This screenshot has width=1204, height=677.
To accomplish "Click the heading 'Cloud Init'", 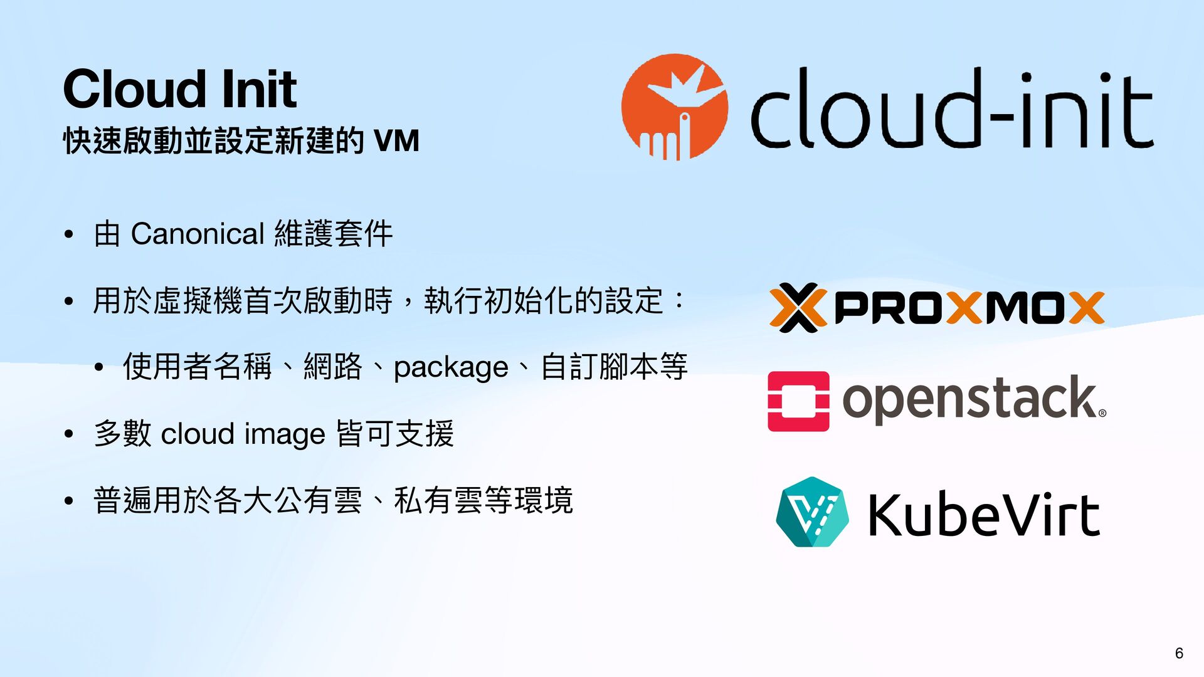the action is [x=180, y=89].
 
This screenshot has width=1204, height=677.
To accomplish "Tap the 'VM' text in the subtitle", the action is [x=396, y=140].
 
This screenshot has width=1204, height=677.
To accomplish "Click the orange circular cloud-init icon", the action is [x=675, y=107].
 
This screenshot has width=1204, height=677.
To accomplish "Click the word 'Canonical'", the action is [x=198, y=234].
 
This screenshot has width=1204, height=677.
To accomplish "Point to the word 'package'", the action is [x=451, y=367].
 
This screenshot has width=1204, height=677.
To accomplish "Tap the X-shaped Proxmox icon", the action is [x=798, y=307].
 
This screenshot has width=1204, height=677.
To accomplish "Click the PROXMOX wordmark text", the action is [x=969, y=308].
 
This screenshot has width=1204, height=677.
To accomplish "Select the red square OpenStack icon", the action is [x=798, y=401].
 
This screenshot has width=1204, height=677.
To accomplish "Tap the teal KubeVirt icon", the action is [x=812, y=512].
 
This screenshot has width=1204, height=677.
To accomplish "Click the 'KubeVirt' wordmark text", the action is [x=983, y=515].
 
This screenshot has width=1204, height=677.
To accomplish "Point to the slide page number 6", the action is [x=1179, y=653].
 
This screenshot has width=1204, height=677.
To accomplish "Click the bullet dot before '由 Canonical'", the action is [x=69, y=236].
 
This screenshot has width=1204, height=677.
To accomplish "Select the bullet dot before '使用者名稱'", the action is [x=98, y=368].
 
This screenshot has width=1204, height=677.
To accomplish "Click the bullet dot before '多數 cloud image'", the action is [x=69, y=434].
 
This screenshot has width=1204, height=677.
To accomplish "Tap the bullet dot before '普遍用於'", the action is [x=69, y=501].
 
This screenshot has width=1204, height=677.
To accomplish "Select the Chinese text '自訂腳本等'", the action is [x=614, y=367].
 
